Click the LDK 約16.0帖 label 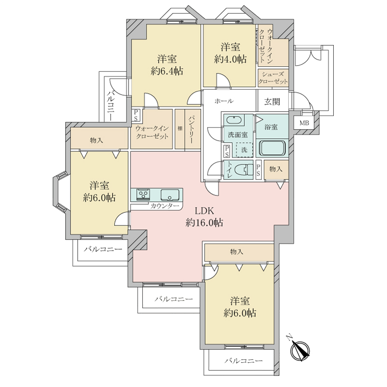204,217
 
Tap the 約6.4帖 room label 167,65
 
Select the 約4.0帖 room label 230,53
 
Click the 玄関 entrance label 272,101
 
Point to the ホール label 224,101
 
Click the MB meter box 304,123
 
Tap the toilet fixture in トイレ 244,170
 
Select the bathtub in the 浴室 272,148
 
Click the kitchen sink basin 170,195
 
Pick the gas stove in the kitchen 143,194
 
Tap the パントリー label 191,130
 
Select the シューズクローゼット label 273,78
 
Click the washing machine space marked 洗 244,149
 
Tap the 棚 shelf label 179,129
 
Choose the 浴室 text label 271,127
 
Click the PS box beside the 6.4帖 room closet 135,115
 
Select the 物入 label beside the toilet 276,169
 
